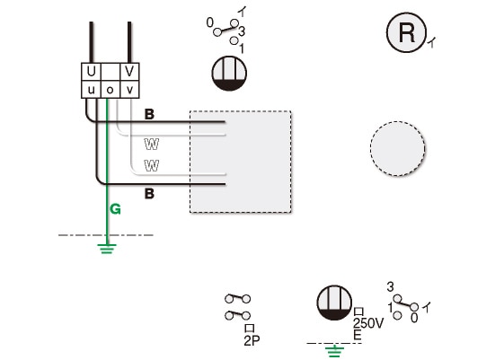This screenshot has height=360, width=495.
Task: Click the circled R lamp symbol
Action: (x=406, y=32)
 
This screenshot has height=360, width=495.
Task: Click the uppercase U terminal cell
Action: (x=91, y=72)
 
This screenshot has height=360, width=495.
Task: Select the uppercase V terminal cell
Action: (x=129, y=72)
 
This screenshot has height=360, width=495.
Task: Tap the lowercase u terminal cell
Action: (x=91, y=90)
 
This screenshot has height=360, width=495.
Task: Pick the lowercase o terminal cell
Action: (x=110, y=90)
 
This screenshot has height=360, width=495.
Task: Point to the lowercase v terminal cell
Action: (x=129, y=90)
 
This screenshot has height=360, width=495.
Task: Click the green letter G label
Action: (x=116, y=209)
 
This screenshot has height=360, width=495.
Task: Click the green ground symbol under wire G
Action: (x=107, y=249)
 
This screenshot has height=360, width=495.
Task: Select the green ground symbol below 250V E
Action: (x=334, y=351)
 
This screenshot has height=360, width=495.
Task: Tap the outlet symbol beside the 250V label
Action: (x=334, y=303)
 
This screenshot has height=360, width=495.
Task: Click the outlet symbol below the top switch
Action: (x=229, y=74)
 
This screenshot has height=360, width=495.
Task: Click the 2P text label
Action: (x=252, y=340)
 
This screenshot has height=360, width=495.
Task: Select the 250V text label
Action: (x=368, y=323)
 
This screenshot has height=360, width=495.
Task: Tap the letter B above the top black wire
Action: (x=149, y=114)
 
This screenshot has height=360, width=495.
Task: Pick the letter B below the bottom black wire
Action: (x=149, y=193)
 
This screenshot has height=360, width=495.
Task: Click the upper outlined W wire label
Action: (x=152, y=144)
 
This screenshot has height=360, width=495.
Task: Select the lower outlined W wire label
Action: (x=152, y=165)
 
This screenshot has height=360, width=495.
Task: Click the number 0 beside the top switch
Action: (x=210, y=22)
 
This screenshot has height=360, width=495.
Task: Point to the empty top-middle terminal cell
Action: (x=110, y=72)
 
